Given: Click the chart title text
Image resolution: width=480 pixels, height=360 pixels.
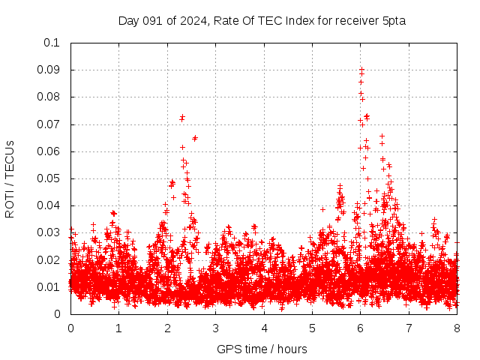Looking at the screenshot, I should pos(262,20).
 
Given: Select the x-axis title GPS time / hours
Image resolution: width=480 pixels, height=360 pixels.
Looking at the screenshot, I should pos(262,349).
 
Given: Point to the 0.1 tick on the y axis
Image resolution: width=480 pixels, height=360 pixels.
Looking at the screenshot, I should pos(52,43).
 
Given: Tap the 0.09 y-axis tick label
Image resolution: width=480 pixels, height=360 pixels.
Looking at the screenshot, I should pos(49,70).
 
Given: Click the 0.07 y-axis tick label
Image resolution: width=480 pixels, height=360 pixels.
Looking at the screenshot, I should pos(49,124).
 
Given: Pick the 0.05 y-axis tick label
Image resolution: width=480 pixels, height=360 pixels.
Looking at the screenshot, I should pos(49,178).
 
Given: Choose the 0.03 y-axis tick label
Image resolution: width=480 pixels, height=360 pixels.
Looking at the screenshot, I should pos(49,232).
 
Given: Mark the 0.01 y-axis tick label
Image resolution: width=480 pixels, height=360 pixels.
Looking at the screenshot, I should pos(49,287).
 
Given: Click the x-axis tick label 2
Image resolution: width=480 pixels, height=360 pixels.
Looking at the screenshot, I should pos(167,328).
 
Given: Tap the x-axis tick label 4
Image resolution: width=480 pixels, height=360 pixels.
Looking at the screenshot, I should pos(264,328).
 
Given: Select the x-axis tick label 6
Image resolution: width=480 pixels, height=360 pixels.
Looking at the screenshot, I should pos(361,328).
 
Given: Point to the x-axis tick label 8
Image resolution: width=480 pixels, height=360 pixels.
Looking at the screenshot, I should pos(457,328).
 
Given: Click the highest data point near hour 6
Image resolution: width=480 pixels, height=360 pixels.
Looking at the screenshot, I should pos(361,69).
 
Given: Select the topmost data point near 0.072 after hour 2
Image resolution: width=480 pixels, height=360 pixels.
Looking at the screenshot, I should pos(182,117).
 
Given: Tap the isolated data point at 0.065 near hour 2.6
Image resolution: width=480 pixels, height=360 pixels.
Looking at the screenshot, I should pos(195,138).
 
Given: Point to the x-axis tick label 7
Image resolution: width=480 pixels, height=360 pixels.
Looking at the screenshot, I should pos(409,328).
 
